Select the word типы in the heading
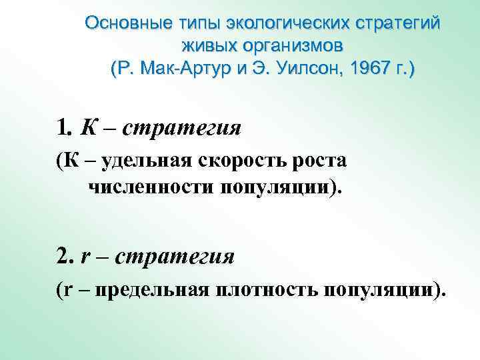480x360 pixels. click(194, 23)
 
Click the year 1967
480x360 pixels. click(376, 69)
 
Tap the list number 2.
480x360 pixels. click(64, 255)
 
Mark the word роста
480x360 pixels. click(321, 161)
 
